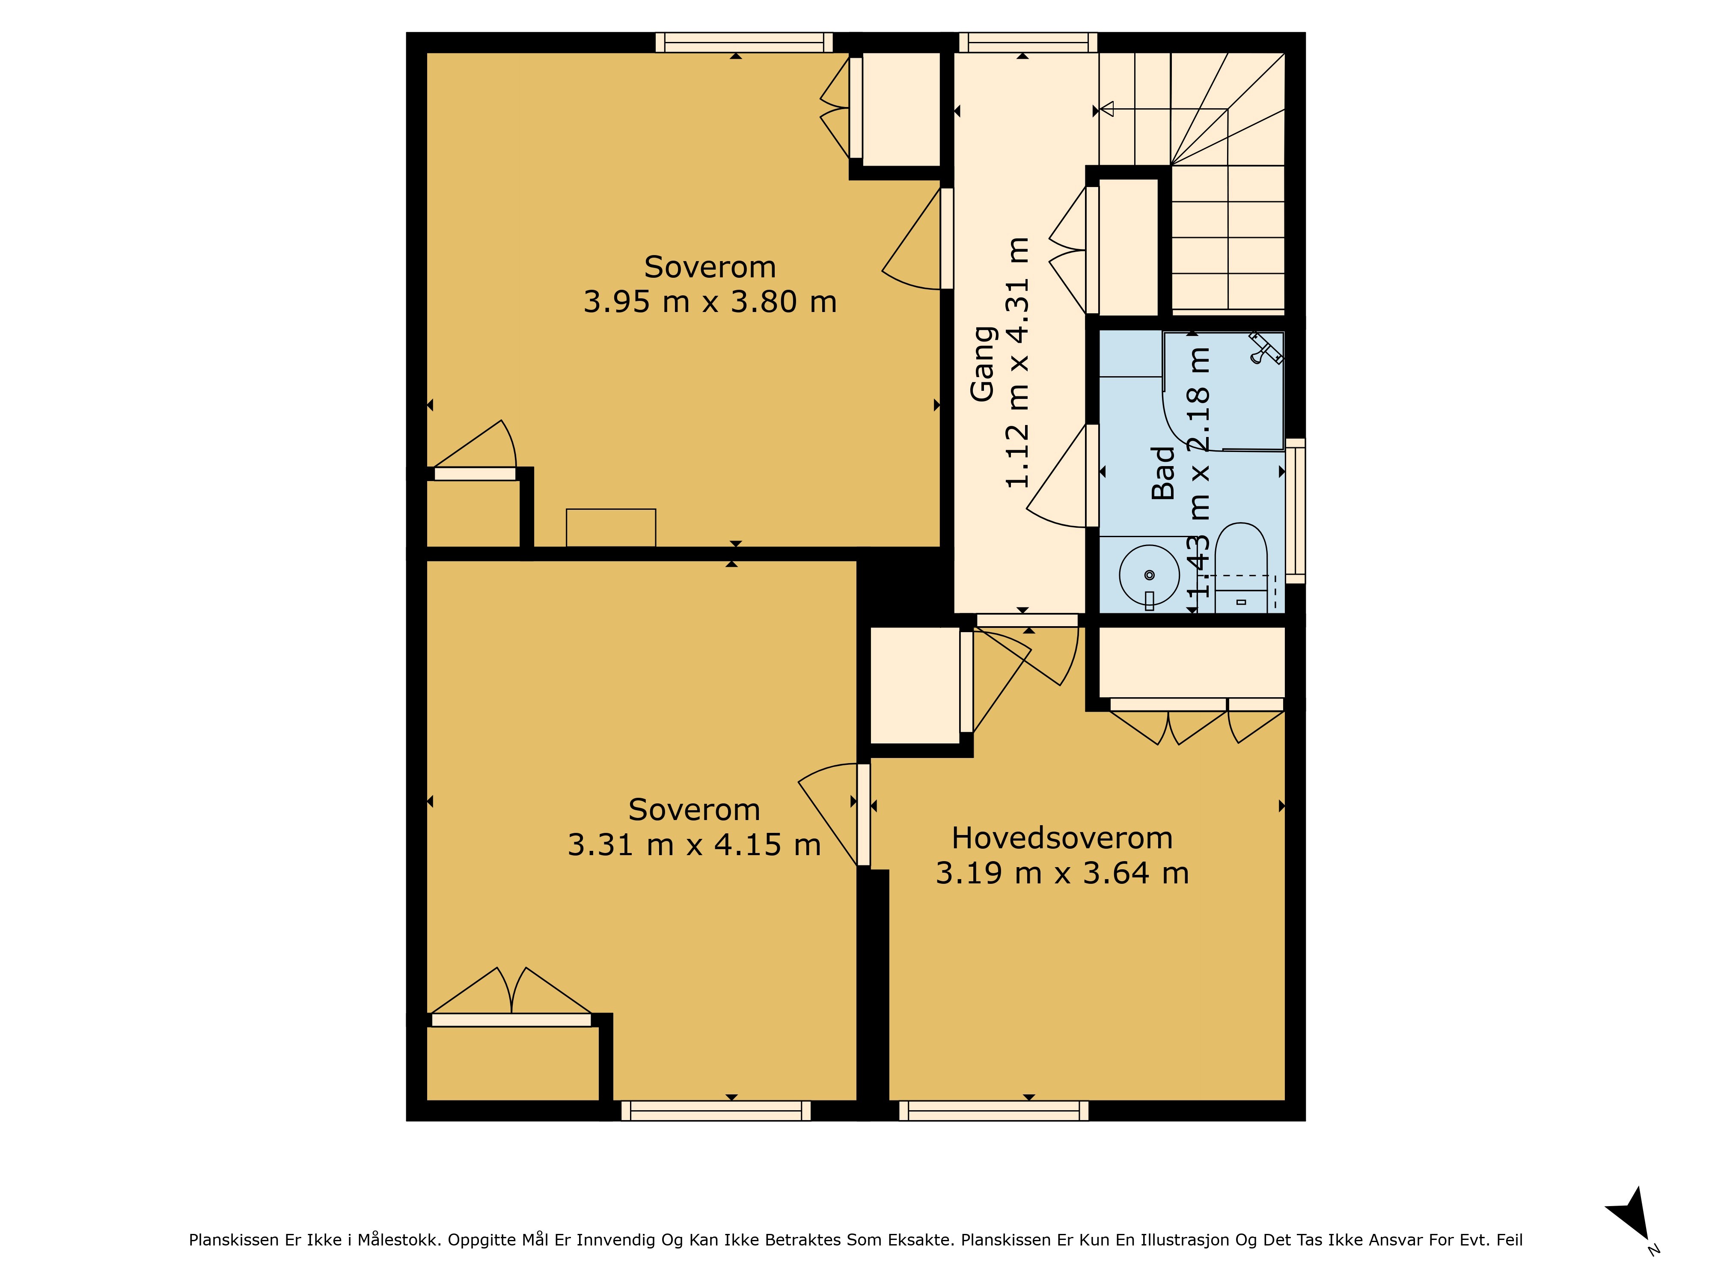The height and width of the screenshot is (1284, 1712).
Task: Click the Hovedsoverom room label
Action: (1062, 838)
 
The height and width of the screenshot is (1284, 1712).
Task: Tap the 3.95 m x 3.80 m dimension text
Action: (710, 302)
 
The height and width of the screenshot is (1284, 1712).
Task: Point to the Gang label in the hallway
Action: (983, 364)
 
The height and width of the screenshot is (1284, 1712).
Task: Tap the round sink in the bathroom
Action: (1149, 575)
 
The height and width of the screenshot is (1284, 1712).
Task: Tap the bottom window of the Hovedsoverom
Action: (994, 1111)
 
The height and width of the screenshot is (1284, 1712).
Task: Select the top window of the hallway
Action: (1028, 42)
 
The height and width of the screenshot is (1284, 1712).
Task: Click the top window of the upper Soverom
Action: (744, 42)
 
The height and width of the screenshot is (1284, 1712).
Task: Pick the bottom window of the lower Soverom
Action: (716, 1111)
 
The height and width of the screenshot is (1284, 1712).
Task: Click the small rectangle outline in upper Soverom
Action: (611, 528)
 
